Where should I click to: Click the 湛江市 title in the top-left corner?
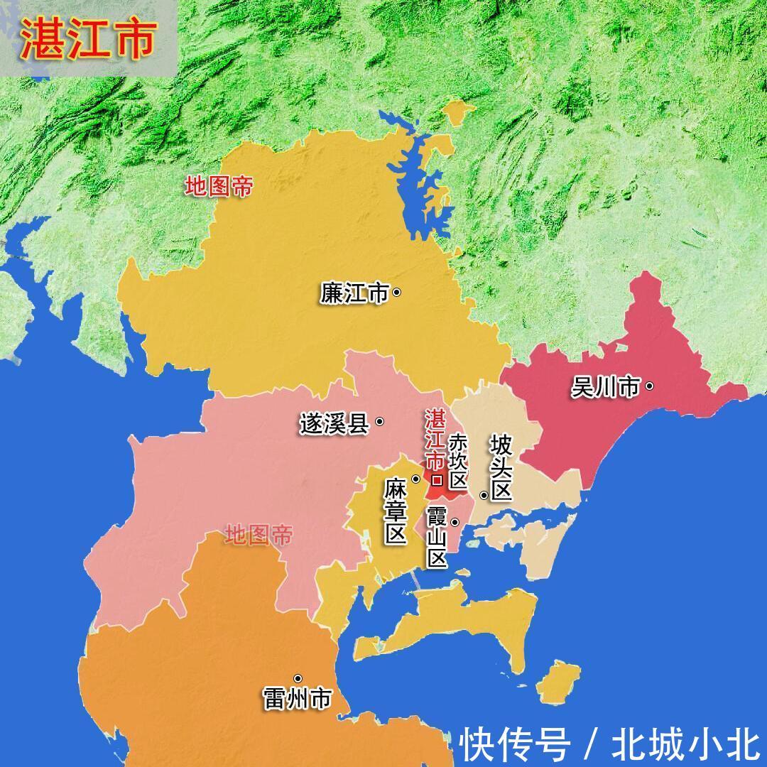click(87, 40)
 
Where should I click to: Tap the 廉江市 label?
click(354, 293)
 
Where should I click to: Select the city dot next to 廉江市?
click(397, 292)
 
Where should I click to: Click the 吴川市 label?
click(606, 387)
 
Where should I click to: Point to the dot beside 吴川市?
click(649, 386)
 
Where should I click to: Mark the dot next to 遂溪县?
click(380, 421)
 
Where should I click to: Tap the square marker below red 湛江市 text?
click(437, 481)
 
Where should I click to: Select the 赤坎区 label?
click(458, 461)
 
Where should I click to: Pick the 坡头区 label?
click(501, 469)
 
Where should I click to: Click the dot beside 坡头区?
click(484, 495)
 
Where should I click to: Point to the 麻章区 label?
click(395, 512)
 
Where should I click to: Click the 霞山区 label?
click(437, 537)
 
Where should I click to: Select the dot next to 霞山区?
click(455, 523)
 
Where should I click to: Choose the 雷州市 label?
click(296, 699)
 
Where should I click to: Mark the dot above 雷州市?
click(298, 679)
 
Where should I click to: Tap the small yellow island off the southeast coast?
click(559, 682)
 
